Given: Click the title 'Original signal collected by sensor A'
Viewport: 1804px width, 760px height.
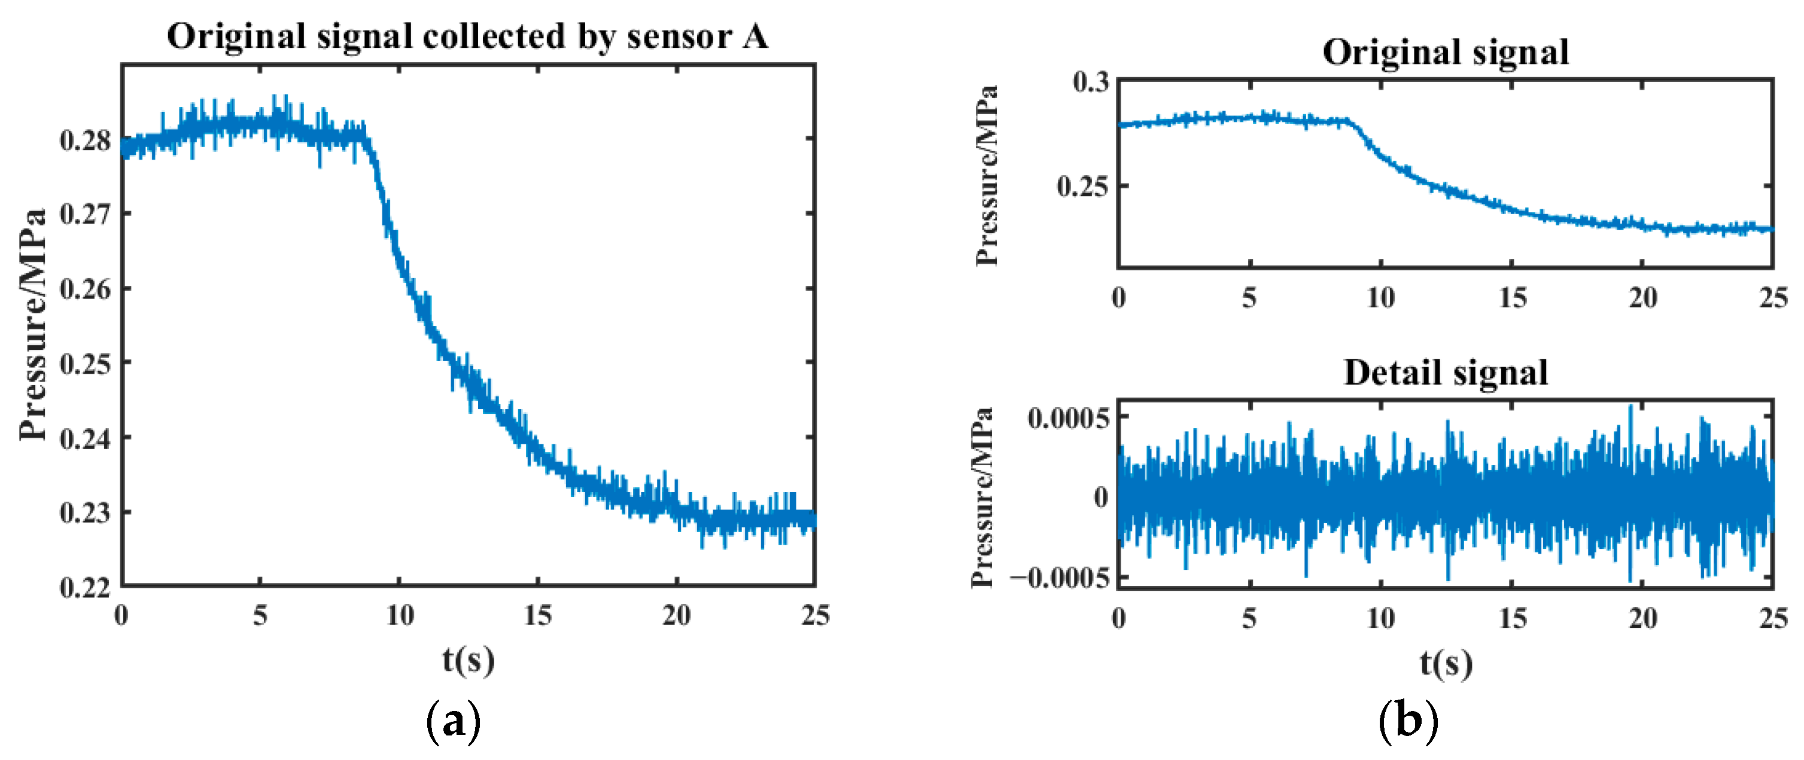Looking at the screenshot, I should [x=467, y=36].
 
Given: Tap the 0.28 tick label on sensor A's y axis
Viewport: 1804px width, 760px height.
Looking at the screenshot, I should [x=86, y=140].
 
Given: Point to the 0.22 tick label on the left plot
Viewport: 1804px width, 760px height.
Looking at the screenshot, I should [x=86, y=587].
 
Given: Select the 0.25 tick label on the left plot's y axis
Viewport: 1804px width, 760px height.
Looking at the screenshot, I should [x=86, y=363].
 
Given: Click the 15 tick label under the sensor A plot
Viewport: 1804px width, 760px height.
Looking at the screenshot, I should [x=538, y=616].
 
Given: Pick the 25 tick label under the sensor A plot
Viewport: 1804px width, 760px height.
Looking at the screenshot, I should [x=815, y=616].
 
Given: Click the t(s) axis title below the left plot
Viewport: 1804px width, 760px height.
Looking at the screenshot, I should [x=468, y=660].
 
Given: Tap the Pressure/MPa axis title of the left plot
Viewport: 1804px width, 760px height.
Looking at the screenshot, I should [x=33, y=325].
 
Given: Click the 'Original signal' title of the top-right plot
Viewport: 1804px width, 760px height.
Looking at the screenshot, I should [x=1445, y=53].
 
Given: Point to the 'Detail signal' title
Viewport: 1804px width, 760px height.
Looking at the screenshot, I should [x=1445, y=373].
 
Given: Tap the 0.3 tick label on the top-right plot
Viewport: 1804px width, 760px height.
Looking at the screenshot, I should [x=1091, y=82].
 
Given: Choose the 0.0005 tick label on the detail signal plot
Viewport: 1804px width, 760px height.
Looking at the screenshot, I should [x=1069, y=419].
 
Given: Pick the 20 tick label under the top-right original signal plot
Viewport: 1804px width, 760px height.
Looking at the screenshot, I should [x=1642, y=299].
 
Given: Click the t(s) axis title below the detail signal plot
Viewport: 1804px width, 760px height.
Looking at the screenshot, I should [x=1446, y=663].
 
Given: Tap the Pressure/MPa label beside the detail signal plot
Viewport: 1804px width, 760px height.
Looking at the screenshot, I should [x=983, y=497].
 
